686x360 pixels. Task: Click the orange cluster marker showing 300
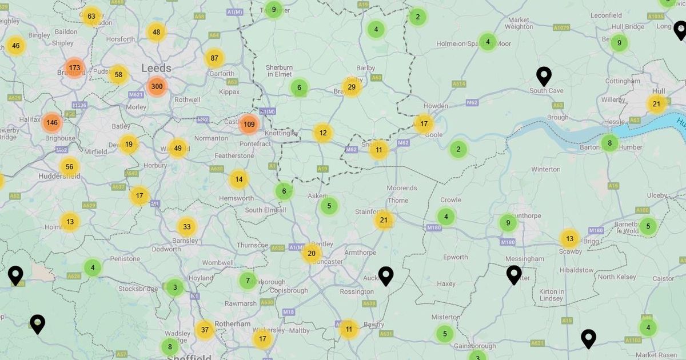pos(157,87)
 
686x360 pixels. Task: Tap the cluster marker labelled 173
pos(74,68)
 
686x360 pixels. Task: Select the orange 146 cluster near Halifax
pos(52,122)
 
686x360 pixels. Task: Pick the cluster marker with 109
pos(249,124)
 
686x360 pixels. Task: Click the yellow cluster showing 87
pos(214,58)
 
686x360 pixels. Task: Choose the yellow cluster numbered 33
pos(186,227)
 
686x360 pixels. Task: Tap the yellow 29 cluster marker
pos(352,87)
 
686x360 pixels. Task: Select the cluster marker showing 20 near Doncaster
pos(312,253)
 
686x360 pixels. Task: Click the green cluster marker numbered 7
pos(248,281)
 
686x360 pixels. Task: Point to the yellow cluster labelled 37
pos(204,330)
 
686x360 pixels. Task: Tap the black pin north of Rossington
pos(386,276)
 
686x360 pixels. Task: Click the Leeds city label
pos(156,69)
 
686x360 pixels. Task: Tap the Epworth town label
pos(455,257)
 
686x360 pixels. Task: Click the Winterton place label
pos(546,169)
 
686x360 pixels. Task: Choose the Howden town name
pos(436,106)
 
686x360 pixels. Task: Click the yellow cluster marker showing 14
pos(238,179)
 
